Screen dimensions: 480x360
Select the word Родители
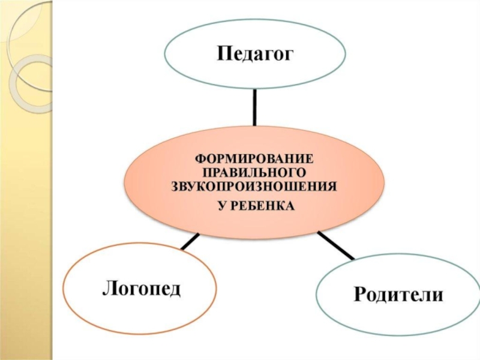tap(398, 294)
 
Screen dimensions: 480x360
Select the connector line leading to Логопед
tap(190, 241)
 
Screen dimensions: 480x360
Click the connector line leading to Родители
tap(335, 245)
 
